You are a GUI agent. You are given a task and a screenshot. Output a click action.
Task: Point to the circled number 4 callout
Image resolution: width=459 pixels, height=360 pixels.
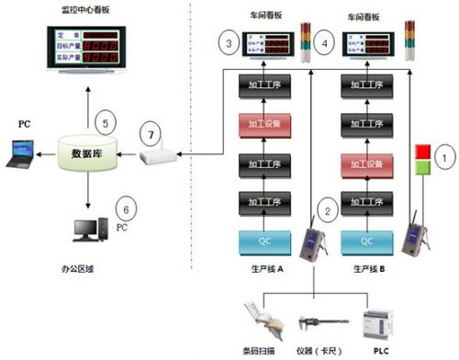pyautogui.click(x=320, y=43)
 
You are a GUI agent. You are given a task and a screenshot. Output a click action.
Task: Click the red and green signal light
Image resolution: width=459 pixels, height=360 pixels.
pyautogui.click(x=423, y=158)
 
